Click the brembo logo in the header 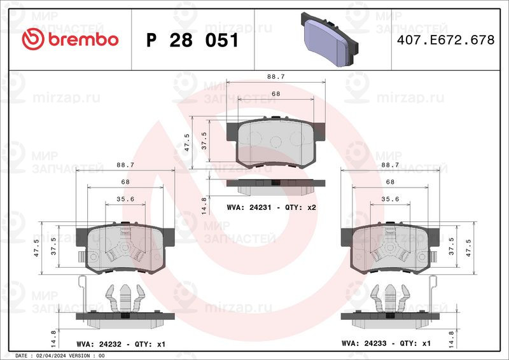[x=70, y=39]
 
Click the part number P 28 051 [x=193, y=40]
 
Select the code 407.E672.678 [x=446, y=40]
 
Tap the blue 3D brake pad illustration [x=330, y=39]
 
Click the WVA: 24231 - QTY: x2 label [x=272, y=207]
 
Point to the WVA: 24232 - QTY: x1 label [x=121, y=344]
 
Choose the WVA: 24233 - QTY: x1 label [x=386, y=343]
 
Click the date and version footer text [x=60, y=356]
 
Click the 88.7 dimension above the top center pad [x=276, y=76]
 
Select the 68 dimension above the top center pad [x=276, y=93]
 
